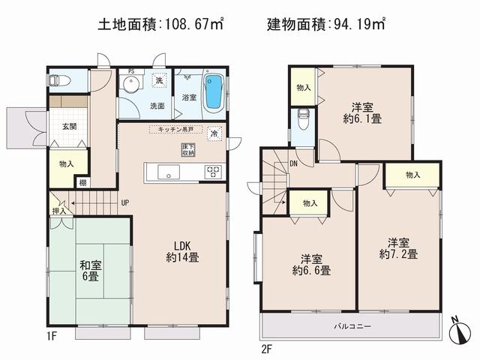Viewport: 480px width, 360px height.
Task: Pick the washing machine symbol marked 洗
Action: (159, 81)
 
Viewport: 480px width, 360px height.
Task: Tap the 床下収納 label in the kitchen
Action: (187, 148)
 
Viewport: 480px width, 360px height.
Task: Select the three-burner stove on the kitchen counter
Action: (212, 172)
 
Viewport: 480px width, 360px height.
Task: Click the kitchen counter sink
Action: (169, 173)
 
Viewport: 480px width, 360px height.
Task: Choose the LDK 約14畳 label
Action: (183, 251)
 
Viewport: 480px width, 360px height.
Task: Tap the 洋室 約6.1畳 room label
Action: (363, 111)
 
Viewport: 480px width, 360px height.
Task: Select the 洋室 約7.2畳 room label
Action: (398, 247)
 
